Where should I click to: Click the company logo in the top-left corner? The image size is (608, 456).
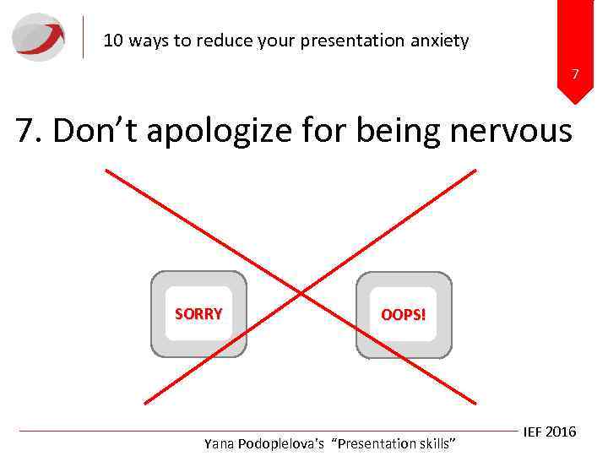(39, 37)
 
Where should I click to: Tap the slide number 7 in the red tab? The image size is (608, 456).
(575, 75)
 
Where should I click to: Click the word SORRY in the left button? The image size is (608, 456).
(198, 314)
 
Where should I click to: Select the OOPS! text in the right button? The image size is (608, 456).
(404, 316)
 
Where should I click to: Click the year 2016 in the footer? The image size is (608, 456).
(561, 432)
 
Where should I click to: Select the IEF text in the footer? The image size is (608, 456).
(533, 432)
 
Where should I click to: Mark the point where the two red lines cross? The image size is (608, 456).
(301, 293)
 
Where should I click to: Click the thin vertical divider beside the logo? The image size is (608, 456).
(84, 37)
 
